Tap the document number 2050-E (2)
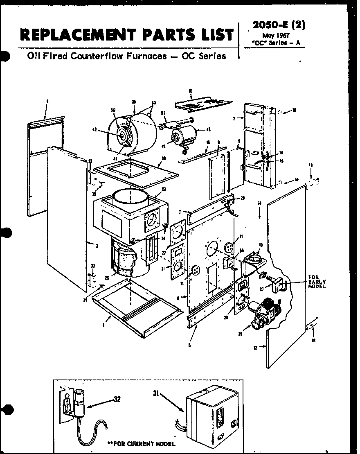point(279,25)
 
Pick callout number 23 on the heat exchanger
point(163,189)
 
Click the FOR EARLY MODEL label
point(317,282)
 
